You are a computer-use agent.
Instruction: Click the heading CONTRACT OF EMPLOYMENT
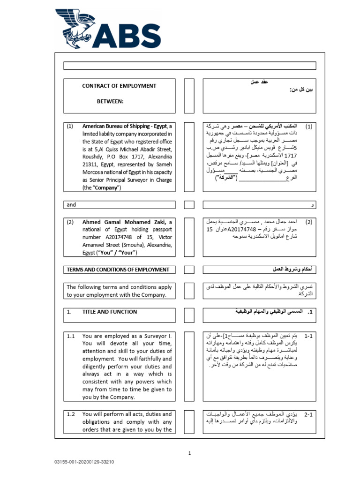click(x=119, y=86)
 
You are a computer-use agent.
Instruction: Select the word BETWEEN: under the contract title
click(x=110, y=101)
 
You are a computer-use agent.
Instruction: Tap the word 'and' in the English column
click(x=71, y=205)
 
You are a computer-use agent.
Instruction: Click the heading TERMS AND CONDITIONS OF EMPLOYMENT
click(x=118, y=270)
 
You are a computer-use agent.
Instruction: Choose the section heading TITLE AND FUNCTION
click(x=109, y=312)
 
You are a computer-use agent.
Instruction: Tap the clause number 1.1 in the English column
click(x=71, y=336)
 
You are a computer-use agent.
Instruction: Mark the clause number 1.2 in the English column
click(x=71, y=414)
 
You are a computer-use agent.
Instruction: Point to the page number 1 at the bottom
click(x=190, y=453)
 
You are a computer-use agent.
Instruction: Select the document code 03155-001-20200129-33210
click(x=84, y=462)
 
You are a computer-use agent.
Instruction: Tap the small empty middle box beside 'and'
click(x=189, y=205)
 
